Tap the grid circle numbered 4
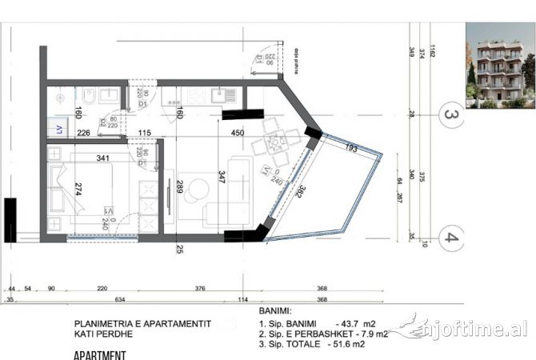pos(451,237)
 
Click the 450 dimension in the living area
pos(238,133)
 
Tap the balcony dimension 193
pos(351,149)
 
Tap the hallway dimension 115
pos(144,133)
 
